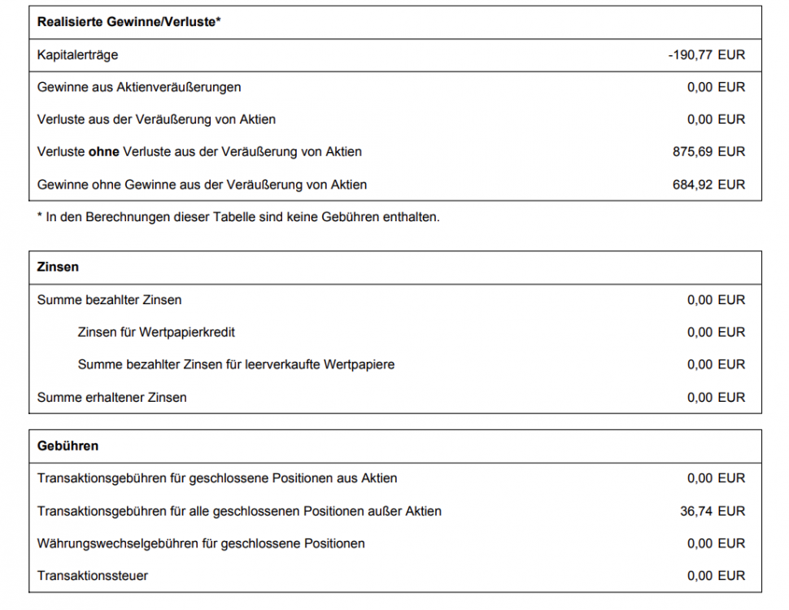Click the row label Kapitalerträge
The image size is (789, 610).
click(77, 55)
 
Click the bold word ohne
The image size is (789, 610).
click(104, 152)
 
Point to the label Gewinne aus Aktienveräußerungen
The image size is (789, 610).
click(139, 87)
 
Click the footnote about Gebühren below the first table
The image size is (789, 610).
click(238, 217)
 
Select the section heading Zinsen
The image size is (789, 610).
click(58, 267)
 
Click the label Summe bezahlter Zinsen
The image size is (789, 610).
click(109, 300)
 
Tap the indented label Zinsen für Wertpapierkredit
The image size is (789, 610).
click(156, 333)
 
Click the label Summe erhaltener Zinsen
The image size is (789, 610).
click(111, 398)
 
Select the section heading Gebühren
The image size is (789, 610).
click(68, 446)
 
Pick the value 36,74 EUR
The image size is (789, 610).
click(713, 512)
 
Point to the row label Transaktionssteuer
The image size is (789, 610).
click(93, 577)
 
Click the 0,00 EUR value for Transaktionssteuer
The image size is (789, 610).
click(716, 577)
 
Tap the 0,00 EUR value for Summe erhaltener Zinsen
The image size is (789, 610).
click(716, 398)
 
